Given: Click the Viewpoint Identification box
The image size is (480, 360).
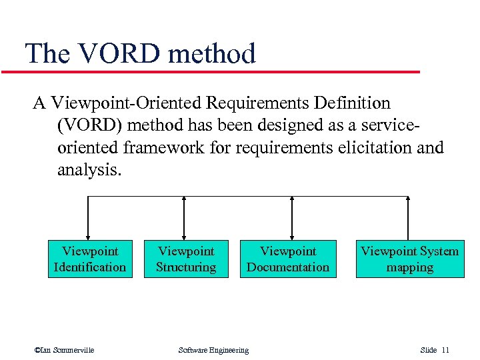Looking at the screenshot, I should point(89,259).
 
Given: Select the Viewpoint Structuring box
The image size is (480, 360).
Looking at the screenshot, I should point(186,259).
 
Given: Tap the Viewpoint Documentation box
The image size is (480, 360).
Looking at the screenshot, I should point(288,259).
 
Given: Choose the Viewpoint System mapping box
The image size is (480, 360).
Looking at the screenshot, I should point(409,259).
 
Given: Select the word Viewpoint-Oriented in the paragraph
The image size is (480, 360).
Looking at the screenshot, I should point(126,103).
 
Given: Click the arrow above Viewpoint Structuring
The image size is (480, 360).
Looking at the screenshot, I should point(184,217).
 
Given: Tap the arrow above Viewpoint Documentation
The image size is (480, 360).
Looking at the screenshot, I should point(292,217).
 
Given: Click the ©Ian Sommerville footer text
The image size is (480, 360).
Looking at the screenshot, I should point(64,350).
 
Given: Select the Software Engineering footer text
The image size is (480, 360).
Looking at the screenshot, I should point(213,350).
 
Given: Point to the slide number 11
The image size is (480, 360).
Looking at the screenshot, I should point(445,350).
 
